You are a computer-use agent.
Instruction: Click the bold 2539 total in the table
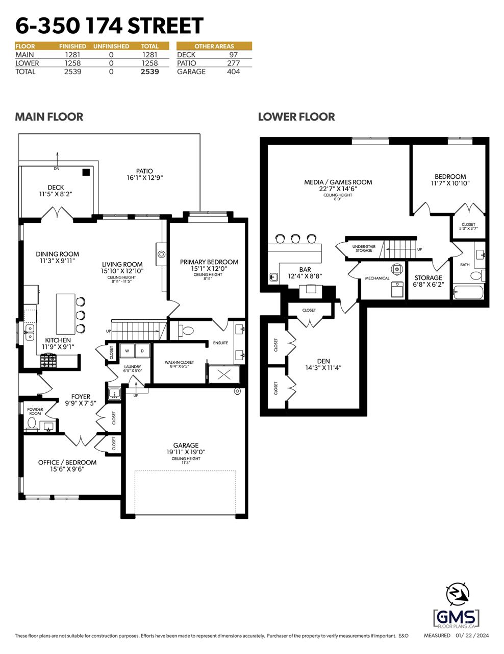(150, 72)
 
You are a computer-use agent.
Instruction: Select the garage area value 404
(233, 72)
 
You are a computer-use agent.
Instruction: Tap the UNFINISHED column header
(111, 46)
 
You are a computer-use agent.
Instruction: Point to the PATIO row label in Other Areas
(187, 63)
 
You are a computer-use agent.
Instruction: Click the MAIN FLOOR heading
(49, 117)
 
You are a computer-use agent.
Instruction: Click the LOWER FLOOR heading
(296, 117)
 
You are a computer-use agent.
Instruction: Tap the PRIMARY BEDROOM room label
(209, 262)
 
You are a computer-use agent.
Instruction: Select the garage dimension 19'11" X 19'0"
(186, 452)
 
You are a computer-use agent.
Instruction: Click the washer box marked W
(128, 351)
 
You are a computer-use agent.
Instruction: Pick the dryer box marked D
(142, 351)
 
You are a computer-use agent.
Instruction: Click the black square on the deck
(86, 172)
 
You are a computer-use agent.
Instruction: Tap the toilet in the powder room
(32, 424)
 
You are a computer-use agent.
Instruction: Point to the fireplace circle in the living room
(161, 254)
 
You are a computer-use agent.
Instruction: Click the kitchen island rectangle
(65, 314)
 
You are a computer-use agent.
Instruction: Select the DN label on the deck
(57, 169)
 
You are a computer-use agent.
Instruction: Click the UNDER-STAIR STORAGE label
(364, 248)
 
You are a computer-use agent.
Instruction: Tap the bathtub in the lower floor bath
(468, 292)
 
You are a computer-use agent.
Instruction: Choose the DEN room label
(323, 361)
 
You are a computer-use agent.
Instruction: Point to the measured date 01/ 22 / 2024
(472, 636)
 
